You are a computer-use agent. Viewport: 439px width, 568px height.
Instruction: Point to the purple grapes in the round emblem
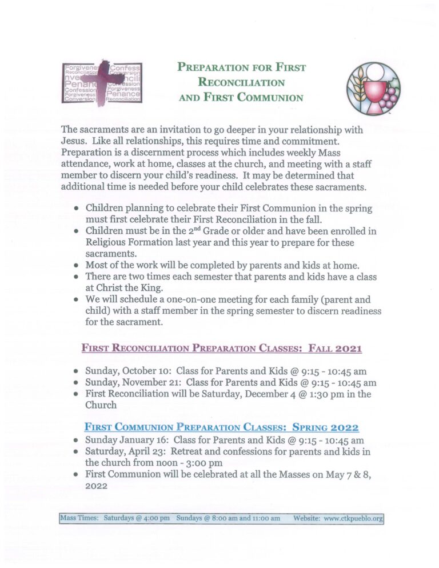[x=390, y=97]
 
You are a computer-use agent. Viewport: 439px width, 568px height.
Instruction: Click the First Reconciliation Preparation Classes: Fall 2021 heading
[x=222, y=347]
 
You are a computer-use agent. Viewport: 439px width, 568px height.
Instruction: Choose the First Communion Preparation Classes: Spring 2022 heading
[x=222, y=427]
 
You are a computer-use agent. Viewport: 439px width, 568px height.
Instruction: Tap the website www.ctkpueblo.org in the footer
[x=353, y=518]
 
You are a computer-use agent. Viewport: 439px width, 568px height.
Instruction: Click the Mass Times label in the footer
[x=79, y=518]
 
